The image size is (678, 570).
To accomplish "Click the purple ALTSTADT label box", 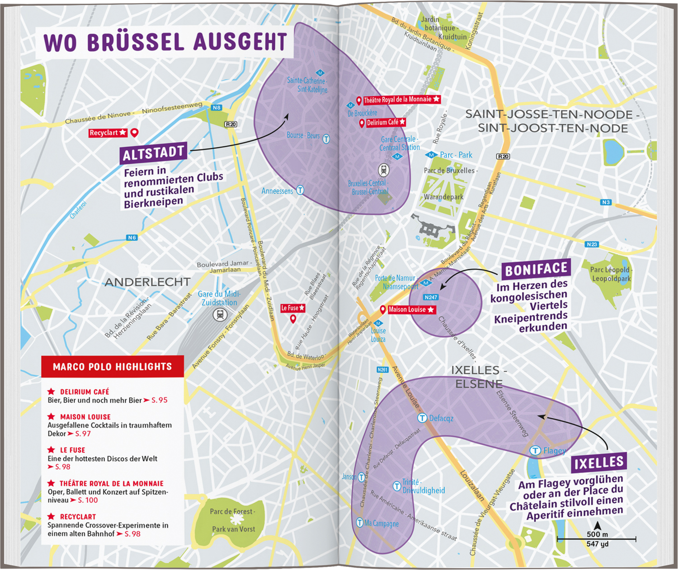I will (x=153, y=153).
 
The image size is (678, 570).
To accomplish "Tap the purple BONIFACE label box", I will (x=536, y=270).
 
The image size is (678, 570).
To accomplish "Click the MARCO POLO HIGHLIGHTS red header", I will (x=112, y=367).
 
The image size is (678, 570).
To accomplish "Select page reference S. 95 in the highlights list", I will (x=159, y=400).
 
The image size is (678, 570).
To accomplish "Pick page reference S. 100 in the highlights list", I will (x=88, y=500).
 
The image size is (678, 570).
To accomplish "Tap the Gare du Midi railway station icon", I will (x=220, y=314).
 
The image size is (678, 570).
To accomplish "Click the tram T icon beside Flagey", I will (x=535, y=450).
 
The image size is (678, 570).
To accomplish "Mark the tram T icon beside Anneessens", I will (x=300, y=190).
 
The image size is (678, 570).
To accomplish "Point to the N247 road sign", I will (x=431, y=297).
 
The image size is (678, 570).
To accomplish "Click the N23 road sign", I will (x=592, y=244).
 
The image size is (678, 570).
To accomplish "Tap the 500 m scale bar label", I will (x=597, y=534).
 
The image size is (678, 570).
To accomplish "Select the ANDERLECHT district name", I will (x=147, y=282).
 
